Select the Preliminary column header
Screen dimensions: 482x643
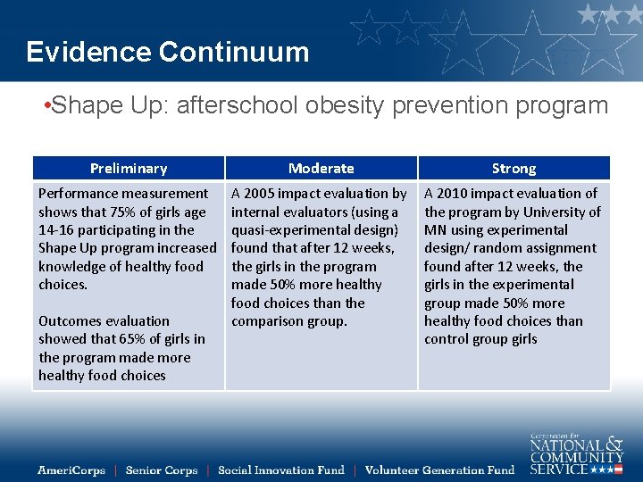(x=129, y=168)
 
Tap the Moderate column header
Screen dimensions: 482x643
(x=321, y=168)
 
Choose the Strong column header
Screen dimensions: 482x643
(x=514, y=168)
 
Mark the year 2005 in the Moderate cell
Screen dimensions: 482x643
(x=261, y=194)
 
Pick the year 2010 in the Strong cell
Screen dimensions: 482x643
(x=454, y=194)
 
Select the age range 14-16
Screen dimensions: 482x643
(x=56, y=230)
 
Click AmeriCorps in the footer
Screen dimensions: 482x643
(x=71, y=470)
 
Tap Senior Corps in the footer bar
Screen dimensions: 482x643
(x=162, y=470)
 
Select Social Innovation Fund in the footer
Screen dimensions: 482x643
(x=280, y=470)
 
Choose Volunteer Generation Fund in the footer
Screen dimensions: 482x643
(x=439, y=470)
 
